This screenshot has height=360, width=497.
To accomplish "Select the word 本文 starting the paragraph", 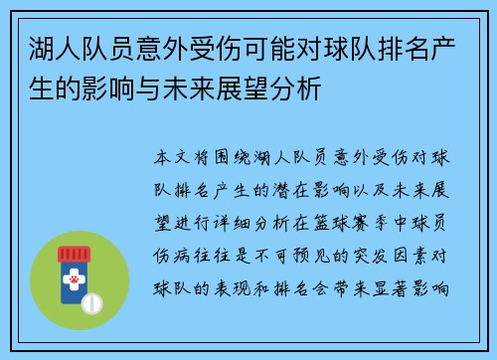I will [x=171, y=158].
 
